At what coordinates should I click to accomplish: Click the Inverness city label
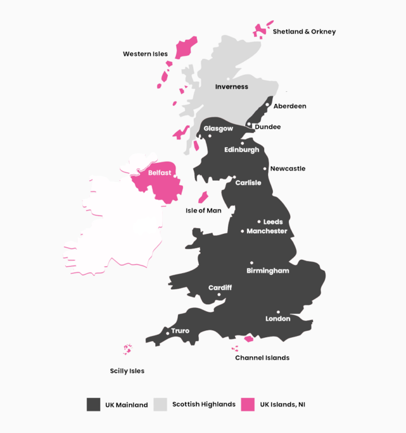point(231,87)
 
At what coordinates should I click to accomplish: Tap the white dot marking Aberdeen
point(268,105)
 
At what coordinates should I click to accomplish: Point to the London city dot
point(278,312)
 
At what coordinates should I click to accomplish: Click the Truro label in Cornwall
point(180,331)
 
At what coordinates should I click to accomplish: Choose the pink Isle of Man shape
point(203,197)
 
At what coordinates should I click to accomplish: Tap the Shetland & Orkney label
point(304,32)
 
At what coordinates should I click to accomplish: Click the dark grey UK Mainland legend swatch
point(93,404)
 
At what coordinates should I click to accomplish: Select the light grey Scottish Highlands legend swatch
point(160,404)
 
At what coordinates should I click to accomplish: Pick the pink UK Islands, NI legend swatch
point(247,404)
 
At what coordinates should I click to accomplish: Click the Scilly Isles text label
point(127,371)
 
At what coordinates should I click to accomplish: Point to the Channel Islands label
point(262,358)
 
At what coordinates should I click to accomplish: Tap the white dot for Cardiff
point(219,294)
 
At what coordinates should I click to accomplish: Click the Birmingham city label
point(268,270)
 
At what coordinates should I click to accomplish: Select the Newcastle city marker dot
point(265,169)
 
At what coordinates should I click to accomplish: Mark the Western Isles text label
point(145,54)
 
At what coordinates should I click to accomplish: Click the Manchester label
point(266,231)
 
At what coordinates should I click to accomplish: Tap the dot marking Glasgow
point(210,136)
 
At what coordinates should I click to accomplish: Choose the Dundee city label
point(268,126)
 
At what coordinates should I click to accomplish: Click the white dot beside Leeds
point(259,222)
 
